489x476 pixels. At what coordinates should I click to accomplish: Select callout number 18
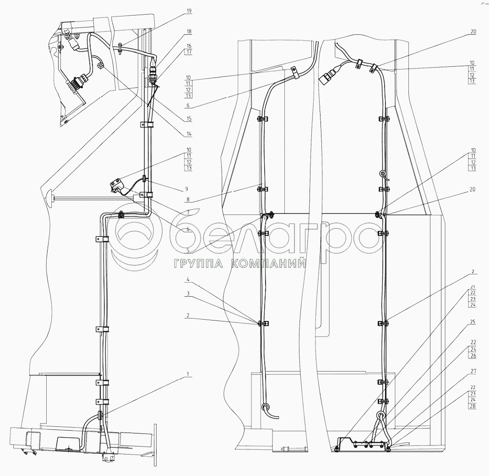(189, 32)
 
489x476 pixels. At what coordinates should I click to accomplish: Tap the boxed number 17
(189, 52)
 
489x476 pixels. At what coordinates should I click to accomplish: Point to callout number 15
(189, 119)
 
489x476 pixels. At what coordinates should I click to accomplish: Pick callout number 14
(189, 134)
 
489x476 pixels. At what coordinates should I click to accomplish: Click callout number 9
(189, 189)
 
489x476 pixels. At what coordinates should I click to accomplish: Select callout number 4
(189, 279)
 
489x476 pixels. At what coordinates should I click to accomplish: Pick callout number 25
(473, 322)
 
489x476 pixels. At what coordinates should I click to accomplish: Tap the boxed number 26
(473, 356)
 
